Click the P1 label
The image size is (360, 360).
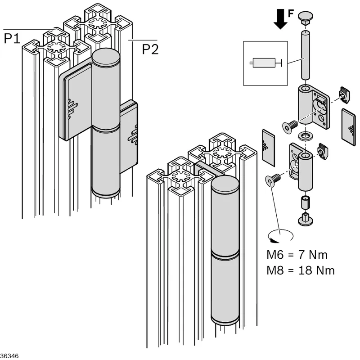point(12,38)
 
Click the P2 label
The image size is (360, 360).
point(150,49)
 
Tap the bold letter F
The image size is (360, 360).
point(291,13)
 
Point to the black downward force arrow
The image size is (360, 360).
point(280,19)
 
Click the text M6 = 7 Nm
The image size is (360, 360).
point(297,255)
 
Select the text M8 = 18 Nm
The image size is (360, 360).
point(301,270)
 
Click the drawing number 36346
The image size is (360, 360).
point(9,356)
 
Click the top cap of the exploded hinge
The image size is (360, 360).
point(306,18)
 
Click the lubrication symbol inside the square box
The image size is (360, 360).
point(265,63)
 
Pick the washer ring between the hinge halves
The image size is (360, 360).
point(305,136)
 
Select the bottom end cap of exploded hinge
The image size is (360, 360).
point(306,219)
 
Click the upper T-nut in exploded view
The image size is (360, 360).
point(344,94)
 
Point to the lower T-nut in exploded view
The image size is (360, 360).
point(323,151)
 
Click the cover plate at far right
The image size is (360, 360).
point(348,127)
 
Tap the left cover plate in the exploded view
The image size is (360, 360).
point(268,148)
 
